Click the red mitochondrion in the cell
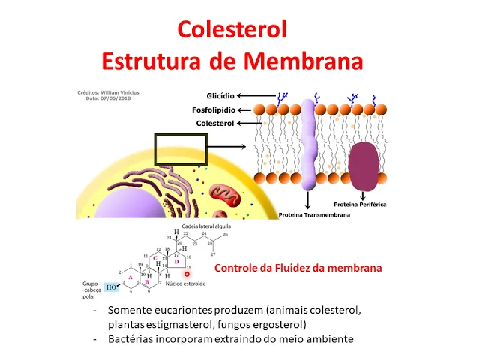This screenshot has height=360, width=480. (x=222, y=196)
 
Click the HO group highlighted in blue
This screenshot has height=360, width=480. (x=111, y=287)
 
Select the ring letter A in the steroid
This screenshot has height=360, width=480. (x=131, y=275)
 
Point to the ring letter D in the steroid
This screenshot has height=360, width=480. (x=177, y=261)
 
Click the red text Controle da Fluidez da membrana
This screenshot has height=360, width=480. (x=298, y=268)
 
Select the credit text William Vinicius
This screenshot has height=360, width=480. (x=119, y=92)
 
